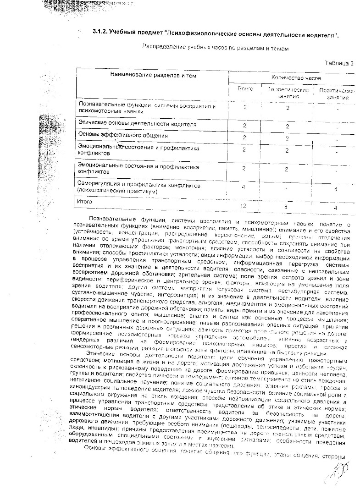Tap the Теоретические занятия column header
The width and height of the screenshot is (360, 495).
(x=288, y=92)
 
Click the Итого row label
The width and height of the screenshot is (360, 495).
(x=85, y=201)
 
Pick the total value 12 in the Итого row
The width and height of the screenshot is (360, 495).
(x=244, y=206)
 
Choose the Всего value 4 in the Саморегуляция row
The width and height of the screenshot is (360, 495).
(x=244, y=187)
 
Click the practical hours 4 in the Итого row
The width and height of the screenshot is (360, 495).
(x=336, y=208)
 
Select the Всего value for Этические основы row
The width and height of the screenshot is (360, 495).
(x=244, y=126)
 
